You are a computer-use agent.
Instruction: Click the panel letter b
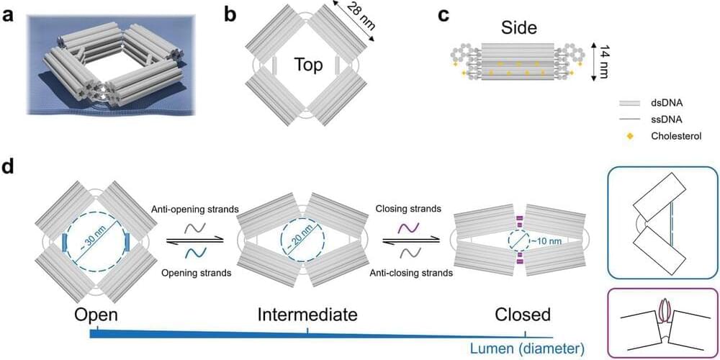click(x=231, y=14)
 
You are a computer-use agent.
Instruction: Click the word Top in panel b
click(x=307, y=66)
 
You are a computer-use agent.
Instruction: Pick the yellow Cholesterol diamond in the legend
click(x=626, y=135)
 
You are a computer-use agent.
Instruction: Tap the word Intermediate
click(x=308, y=315)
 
